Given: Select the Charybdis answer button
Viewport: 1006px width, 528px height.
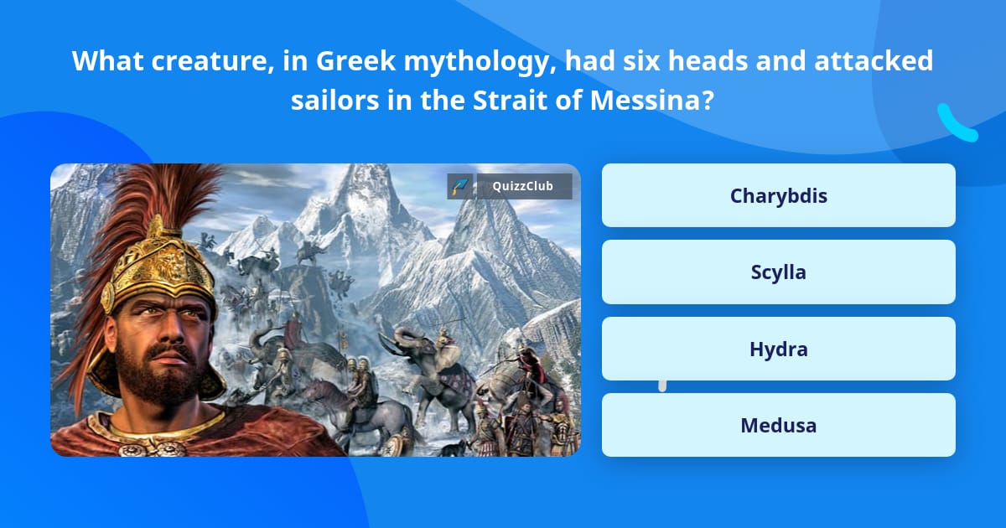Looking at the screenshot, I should [778, 195].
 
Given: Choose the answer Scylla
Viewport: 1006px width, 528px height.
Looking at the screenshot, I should [778, 272].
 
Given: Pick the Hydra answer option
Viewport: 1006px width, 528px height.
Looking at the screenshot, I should [778, 349].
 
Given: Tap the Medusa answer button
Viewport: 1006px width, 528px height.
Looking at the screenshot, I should [778, 425].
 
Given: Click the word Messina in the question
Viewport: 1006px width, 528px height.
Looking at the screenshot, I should [645, 100].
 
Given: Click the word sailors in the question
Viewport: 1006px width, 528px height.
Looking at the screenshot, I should [329, 100].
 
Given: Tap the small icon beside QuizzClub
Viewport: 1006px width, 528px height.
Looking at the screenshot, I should [459, 186].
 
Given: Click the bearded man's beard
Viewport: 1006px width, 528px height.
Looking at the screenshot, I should [151, 377].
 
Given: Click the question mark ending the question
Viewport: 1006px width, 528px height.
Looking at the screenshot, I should [708, 100].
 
